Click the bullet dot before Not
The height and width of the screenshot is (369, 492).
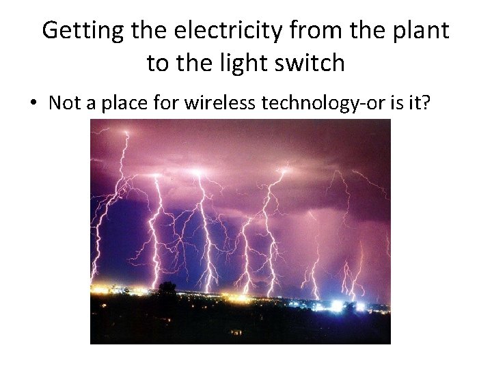32,103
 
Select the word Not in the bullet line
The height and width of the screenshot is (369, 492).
65,102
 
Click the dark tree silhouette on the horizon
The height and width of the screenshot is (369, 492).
167,289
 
